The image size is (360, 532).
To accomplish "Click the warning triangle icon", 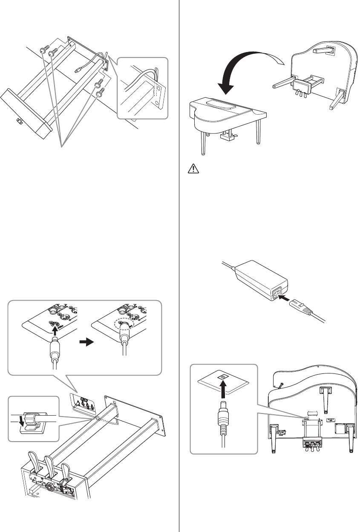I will [193, 170].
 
